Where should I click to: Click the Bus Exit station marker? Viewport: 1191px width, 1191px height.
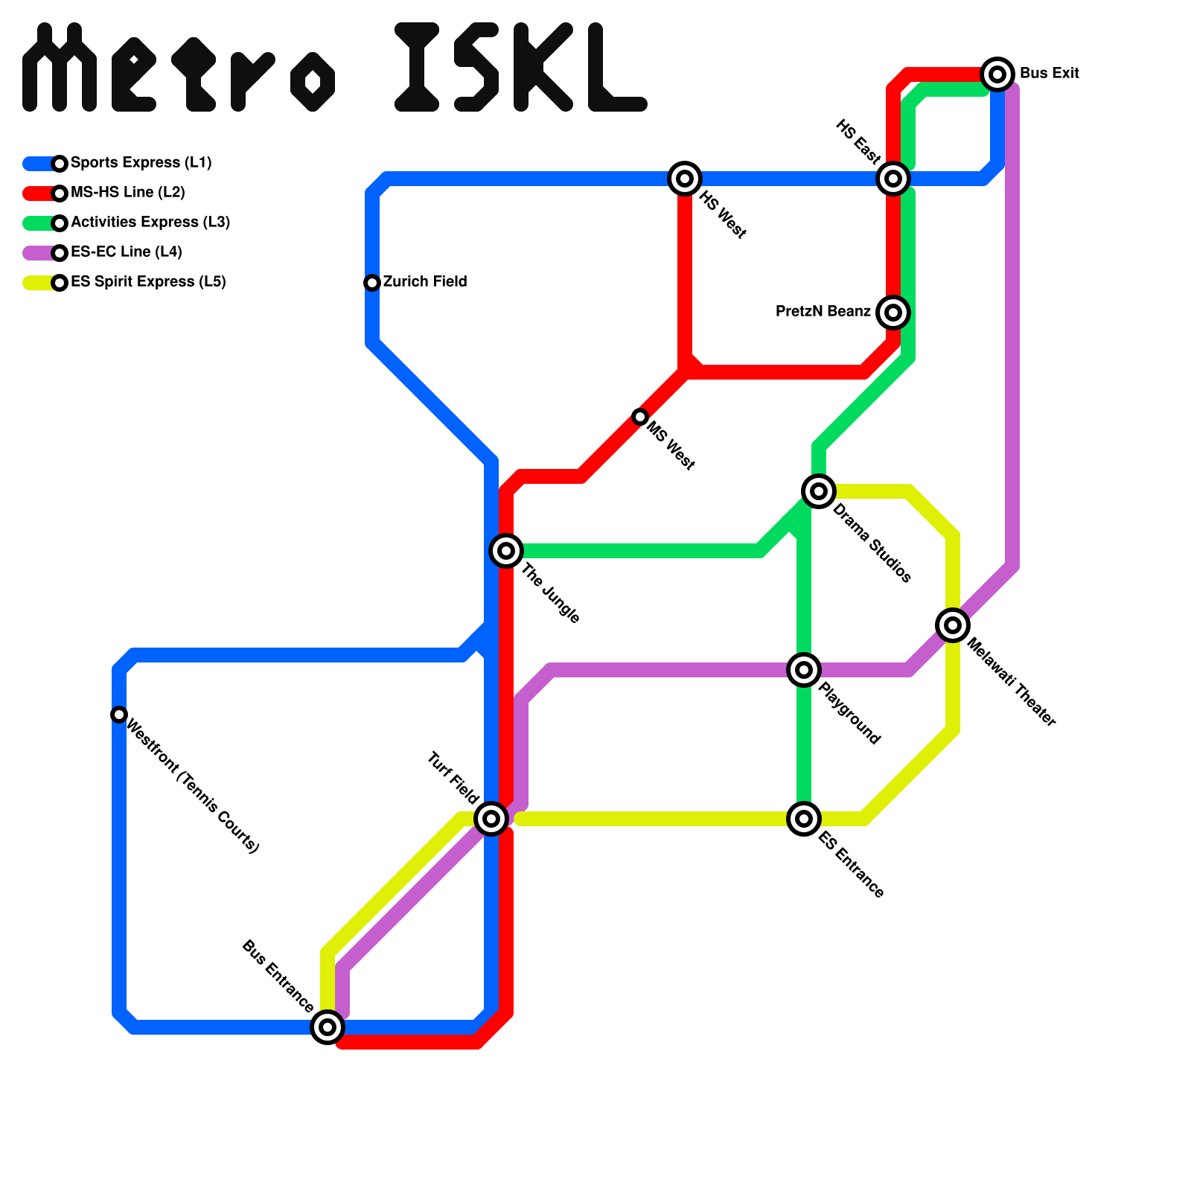[997, 74]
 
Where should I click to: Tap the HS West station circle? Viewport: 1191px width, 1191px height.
[685, 179]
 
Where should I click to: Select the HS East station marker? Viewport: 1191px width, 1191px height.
[893, 179]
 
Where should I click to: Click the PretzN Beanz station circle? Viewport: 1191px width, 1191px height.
[893, 312]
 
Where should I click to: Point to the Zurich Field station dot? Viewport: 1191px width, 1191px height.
[372, 283]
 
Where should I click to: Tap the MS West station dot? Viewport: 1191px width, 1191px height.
[640, 417]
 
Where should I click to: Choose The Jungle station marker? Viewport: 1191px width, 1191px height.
[506, 551]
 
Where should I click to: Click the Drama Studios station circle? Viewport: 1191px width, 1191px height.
[819, 491]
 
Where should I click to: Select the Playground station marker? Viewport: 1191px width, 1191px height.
[804, 670]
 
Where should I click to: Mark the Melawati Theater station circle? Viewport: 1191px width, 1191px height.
[953, 625]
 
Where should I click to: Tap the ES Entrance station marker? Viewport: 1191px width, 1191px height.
[804, 819]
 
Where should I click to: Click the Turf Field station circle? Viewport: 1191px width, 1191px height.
[491, 819]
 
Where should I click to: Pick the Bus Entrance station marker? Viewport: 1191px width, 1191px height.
[328, 1027]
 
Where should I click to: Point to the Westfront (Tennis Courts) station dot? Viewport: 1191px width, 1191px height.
[119, 715]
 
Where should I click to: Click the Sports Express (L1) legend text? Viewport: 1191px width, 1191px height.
[141, 163]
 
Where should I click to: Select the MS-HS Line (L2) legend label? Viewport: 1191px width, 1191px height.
[127, 193]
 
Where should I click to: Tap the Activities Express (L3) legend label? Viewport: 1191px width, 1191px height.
[150, 223]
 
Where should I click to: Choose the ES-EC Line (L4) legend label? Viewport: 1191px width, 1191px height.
[126, 252]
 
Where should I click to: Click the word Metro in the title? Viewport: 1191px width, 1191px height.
[179, 68]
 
